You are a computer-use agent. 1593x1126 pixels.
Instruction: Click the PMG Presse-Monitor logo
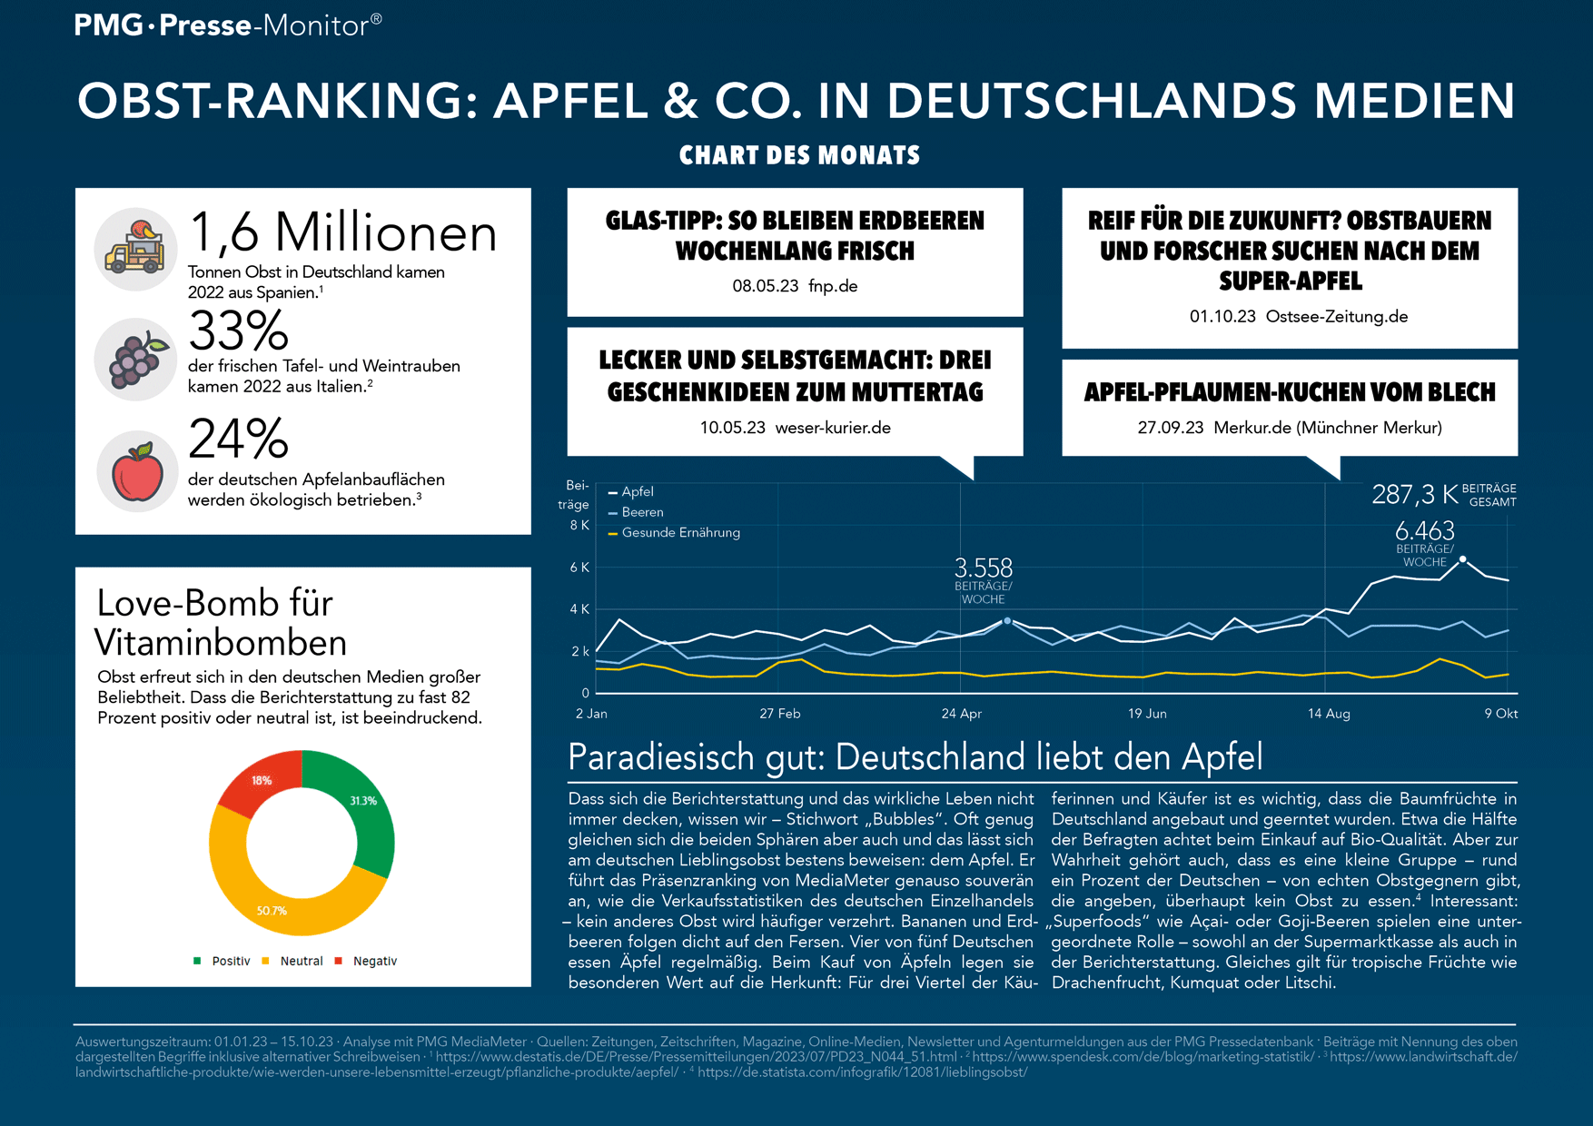pyautogui.click(x=228, y=25)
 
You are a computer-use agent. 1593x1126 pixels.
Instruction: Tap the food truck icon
pyautogui.click(x=135, y=248)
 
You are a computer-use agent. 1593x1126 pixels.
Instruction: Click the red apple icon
pyautogui.click(x=137, y=471)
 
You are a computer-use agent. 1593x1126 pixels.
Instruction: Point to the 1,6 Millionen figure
pyautogui.click(x=342, y=232)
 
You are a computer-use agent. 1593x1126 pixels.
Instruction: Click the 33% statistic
pyautogui.click(x=238, y=331)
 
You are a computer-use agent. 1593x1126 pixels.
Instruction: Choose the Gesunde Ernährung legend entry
pyautogui.click(x=679, y=533)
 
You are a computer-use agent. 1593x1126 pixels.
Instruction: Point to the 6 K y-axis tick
pyautogui.click(x=579, y=568)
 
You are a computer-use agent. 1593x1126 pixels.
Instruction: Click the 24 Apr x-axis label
pyautogui.click(x=961, y=714)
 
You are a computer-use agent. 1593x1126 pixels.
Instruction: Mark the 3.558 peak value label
pyautogui.click(x=983, y=568)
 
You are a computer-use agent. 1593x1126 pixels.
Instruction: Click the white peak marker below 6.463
pyautogui.click(x=1462, y=559)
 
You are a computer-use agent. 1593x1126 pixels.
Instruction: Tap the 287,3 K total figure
pyautogui.click(x=1414, y=494)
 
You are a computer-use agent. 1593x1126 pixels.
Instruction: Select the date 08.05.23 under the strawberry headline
pyautogui.click(x=765, y=286)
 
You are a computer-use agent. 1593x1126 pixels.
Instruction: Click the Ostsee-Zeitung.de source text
pyautogui.click(x=1336, y=317)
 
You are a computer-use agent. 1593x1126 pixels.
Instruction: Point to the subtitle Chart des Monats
pyautogui.click(x=799, y=155)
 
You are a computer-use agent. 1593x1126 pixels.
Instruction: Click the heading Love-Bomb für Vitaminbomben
pyautogui.click(x=220, y=623)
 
